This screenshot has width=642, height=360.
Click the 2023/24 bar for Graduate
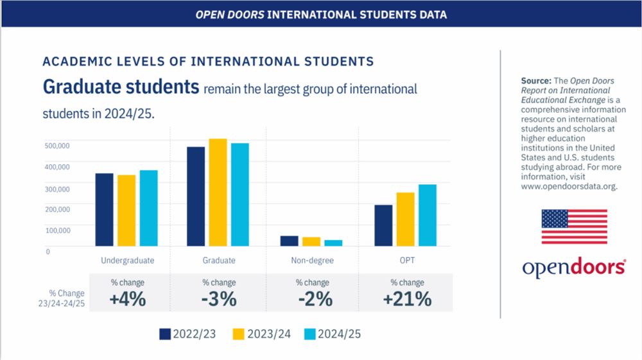coord(218,193)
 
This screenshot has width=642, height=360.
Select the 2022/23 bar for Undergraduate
coord(105,210)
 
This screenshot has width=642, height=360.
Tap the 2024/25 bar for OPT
coord(428,215)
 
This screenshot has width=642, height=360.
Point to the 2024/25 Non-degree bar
coord(333,243)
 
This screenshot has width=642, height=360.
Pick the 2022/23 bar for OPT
coord(383,225)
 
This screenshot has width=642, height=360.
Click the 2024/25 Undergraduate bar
coord(148,208)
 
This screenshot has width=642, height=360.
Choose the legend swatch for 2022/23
coord(165,334)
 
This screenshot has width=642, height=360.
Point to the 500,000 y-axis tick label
coord(57,146)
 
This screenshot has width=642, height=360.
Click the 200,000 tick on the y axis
coord(57,209)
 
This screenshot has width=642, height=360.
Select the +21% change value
coord(406,299)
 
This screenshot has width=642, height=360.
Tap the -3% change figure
coord(219,299)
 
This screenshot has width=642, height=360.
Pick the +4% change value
coord(127,299)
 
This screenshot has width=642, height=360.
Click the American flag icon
coord(574,227)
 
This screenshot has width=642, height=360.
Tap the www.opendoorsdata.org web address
coord(569,187)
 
